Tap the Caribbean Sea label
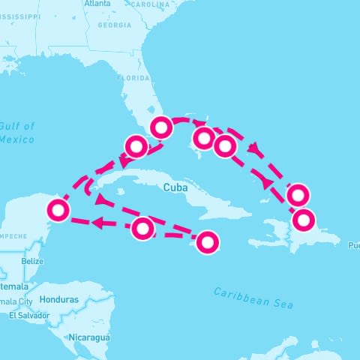click(x=253, y=298)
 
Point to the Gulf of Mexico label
click(x=17, y=133)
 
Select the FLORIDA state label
click(x=133, y=77)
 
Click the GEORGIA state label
click(x=114, y=25)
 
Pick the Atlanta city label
click(x=97, y=4)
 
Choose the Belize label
click(x=32, y=261)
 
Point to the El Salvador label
click(x=28, y=316)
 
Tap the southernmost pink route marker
click(x=207, y=242)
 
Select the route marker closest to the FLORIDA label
click(x=160, y=127)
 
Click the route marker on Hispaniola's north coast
click(x=304, y=220)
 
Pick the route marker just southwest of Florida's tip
click(x=136, y=145)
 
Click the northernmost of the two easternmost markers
click(x=298, y=194)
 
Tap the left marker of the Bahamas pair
click(x=203, y=138)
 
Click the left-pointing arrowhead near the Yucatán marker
click(x=96, y=223)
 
